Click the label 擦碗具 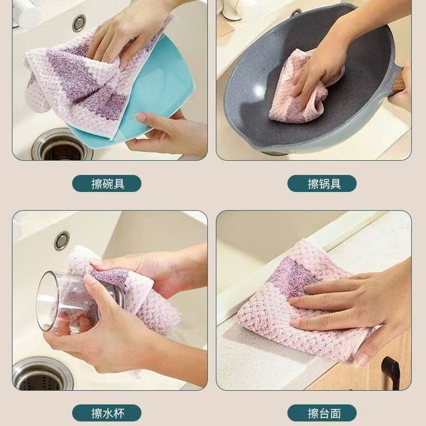[108, 184]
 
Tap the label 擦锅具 [324, 184]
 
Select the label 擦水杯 [108, 414]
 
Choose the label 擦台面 [324, 414]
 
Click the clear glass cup [68, 302]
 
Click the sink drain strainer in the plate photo [62, 145]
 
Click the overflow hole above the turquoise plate [80, 23]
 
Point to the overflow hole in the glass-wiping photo [62, 240]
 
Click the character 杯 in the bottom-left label [119, 414]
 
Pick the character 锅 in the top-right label [324, 184]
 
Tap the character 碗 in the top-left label [108, 184]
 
